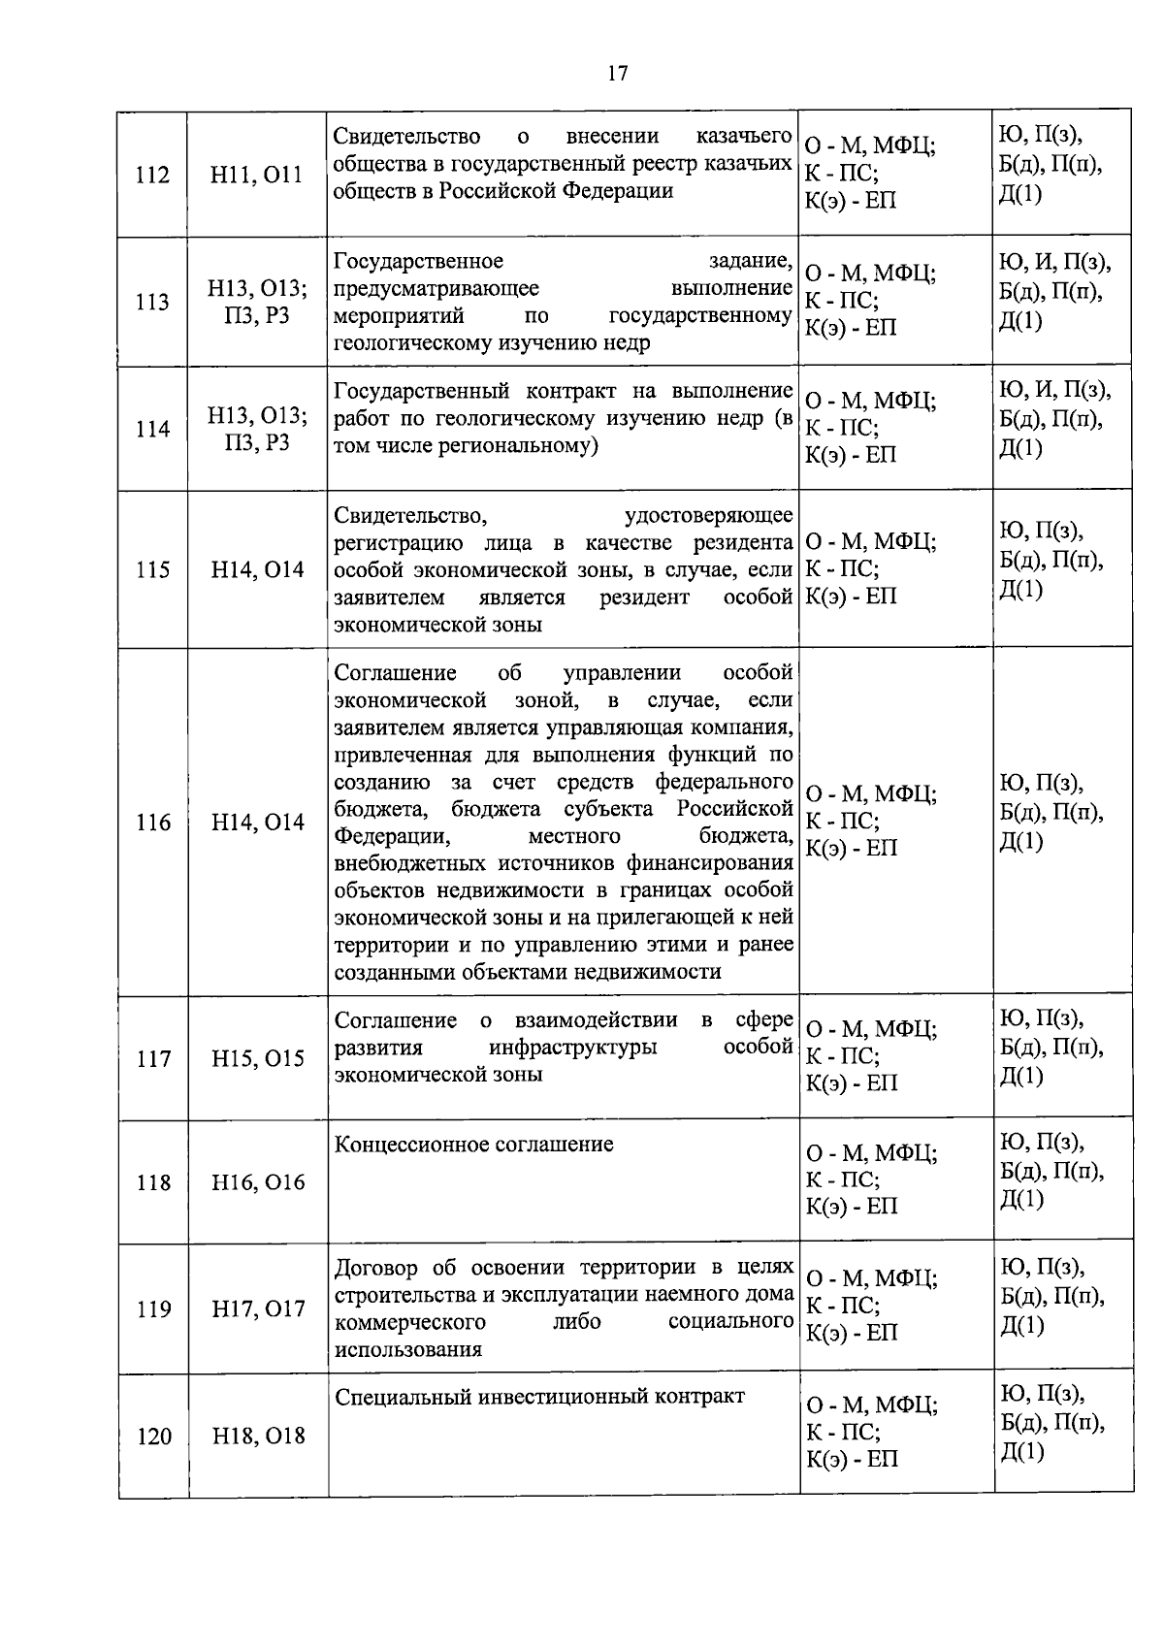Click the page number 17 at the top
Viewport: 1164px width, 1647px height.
coord(618,74)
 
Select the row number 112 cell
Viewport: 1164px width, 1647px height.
coord(152,176)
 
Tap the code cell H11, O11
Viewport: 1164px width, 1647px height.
coord(257,176)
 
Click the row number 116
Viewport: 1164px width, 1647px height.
coord(152,823)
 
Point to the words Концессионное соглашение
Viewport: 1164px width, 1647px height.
coord(473,1145)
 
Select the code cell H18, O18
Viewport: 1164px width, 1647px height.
coord(258,1437)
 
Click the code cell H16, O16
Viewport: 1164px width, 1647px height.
coord(258,1182)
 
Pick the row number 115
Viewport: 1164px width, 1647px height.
coord(152,570)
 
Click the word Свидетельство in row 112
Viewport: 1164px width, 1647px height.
coord(406,136)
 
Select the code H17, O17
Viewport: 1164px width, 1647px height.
coord(258,1309)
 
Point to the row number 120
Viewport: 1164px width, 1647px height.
coord(153,1437)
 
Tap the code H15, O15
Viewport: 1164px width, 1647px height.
coord(258,1059)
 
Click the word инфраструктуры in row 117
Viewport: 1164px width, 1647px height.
coord(572,1048)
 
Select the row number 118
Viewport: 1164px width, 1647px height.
coord(153,1182)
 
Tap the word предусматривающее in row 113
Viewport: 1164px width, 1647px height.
coord(436,289)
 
